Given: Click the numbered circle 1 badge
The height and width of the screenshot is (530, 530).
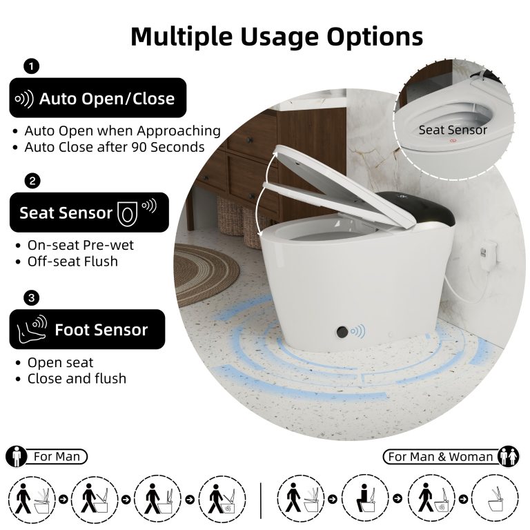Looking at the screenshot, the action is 32,66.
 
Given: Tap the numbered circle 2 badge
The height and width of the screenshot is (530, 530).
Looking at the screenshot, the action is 32,181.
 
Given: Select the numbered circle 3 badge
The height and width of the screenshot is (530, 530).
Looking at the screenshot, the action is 32,298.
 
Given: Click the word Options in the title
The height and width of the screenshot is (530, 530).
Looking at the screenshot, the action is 375,37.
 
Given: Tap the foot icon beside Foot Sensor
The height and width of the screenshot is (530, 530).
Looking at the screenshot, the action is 32,329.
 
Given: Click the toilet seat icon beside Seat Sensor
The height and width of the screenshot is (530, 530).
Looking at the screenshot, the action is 128,213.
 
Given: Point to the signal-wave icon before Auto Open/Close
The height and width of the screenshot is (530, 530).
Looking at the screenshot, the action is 24,99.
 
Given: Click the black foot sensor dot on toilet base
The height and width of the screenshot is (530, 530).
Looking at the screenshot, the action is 342,331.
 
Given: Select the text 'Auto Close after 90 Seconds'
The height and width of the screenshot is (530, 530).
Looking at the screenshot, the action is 115,148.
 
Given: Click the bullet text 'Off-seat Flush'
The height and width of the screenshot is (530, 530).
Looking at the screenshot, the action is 72,262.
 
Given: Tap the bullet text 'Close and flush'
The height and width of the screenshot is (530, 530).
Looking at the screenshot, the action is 77,379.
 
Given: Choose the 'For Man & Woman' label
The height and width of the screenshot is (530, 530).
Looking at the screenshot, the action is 440,457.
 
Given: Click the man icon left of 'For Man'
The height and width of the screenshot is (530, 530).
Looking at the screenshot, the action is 17,457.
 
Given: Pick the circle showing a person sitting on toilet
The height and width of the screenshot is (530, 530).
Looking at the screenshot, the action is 365,498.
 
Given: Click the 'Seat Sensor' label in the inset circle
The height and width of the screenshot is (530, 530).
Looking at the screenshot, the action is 453,130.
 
